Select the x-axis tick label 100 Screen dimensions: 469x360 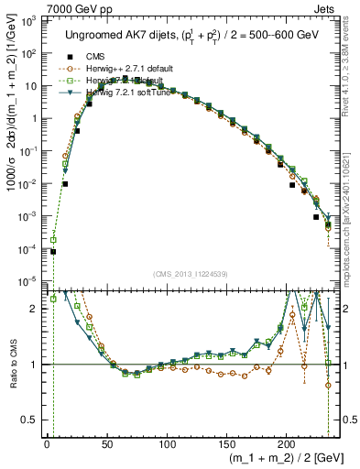[167, 444]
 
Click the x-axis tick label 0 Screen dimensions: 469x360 [47, 444]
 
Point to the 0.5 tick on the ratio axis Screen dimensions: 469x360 [33, 420]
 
